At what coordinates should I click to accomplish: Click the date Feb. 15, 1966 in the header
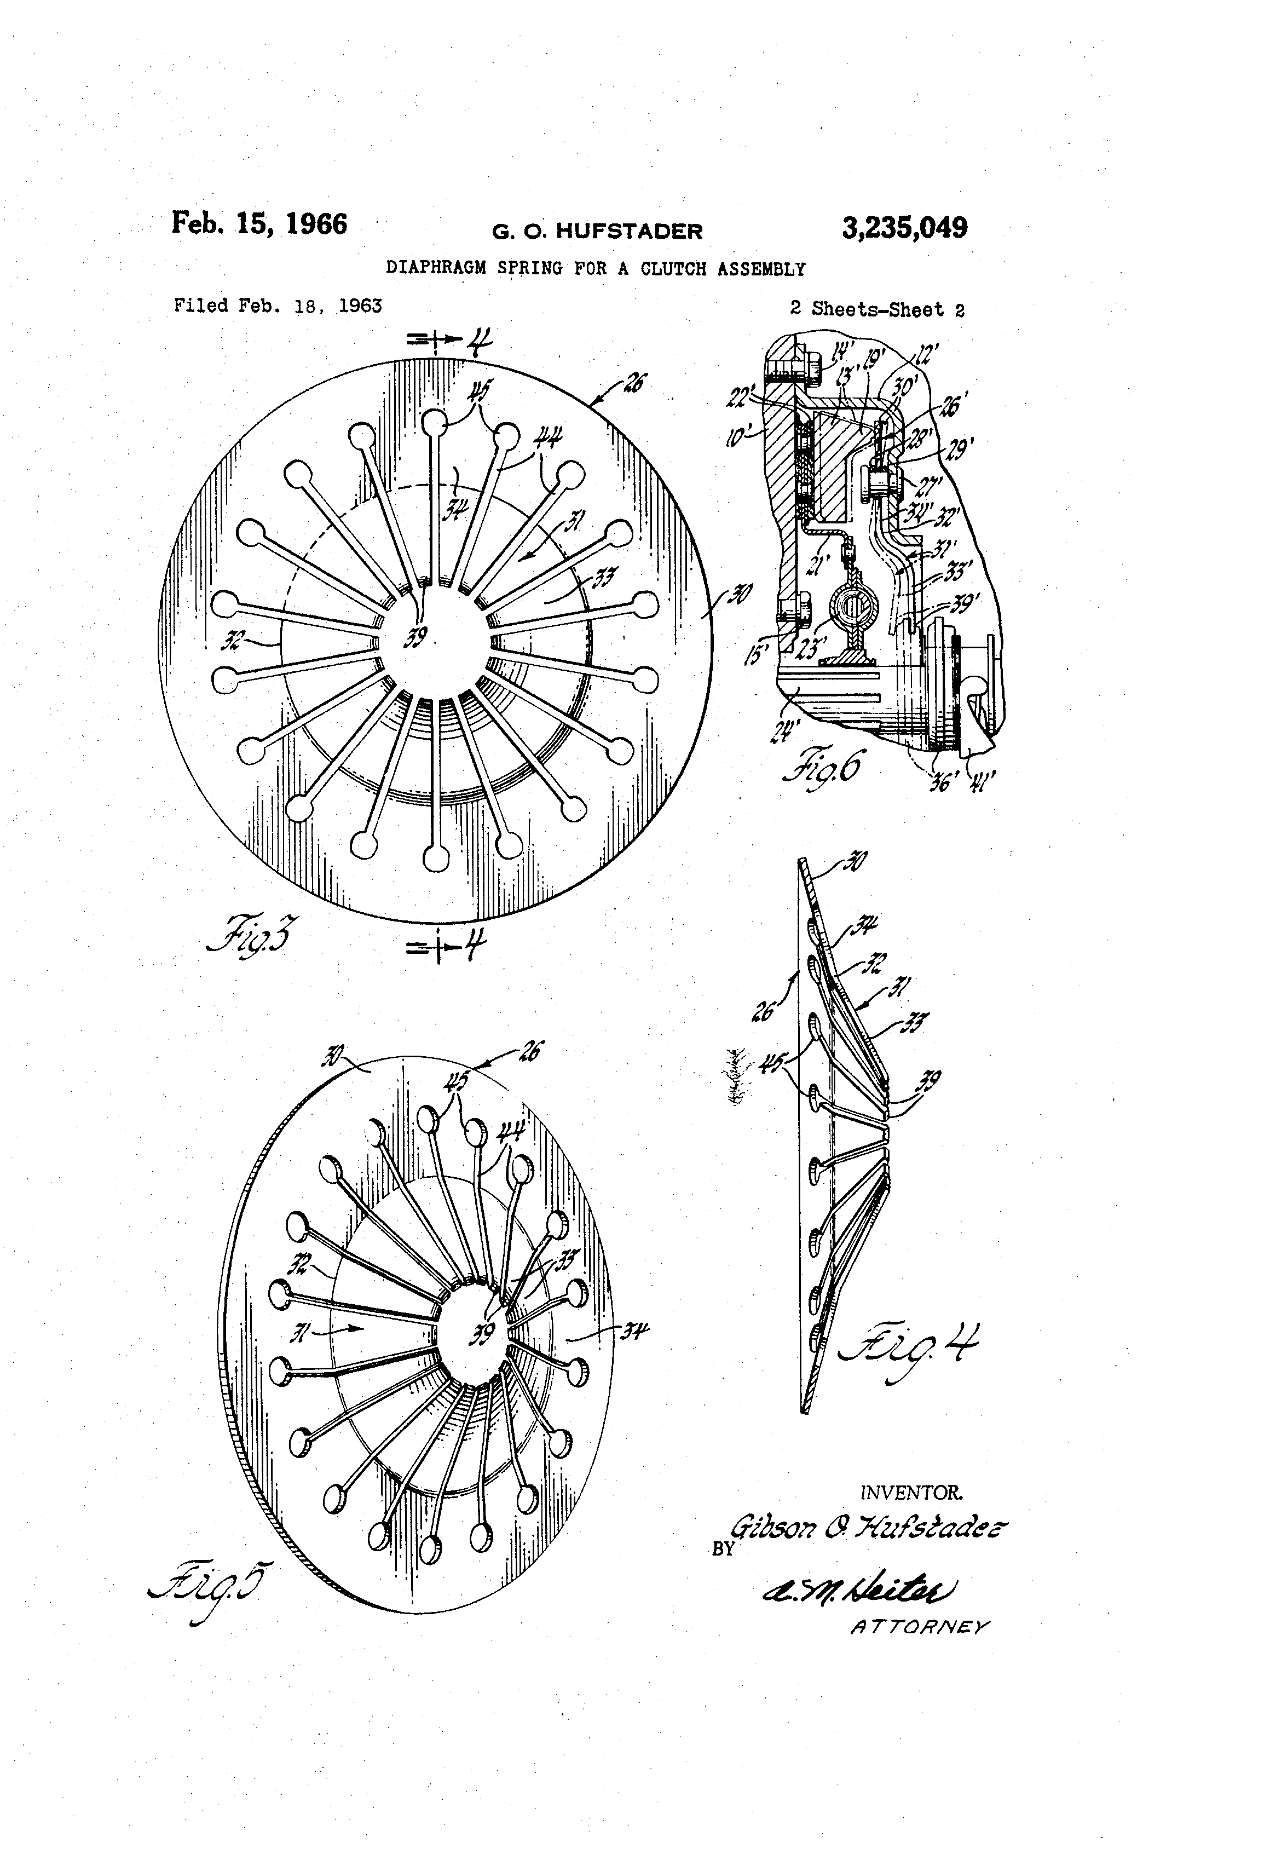click(259, 223)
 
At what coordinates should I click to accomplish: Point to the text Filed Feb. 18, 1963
click(278, 306)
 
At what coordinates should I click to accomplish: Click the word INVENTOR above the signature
click(910, 1493)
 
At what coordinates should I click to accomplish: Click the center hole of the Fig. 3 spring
click(434, 642)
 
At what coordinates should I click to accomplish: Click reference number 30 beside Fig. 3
click(740, 596)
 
